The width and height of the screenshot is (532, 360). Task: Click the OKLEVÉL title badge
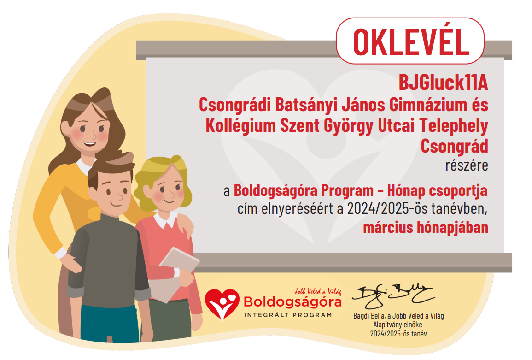(410, 41)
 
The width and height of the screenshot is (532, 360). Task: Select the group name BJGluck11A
(443, 83)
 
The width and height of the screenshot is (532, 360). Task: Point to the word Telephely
(454, 126)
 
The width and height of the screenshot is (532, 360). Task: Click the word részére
(467, 165)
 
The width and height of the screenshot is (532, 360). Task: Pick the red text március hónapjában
(426, 227)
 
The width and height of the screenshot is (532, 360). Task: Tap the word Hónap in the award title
(406, 191)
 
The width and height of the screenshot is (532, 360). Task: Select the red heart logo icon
(222, 303)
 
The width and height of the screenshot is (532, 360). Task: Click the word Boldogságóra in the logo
(292, 301)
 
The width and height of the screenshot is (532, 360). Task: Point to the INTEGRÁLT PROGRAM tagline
(288, 315)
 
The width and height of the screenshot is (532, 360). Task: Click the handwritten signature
(393, 295)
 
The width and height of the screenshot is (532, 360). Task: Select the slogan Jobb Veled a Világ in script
(318, 291)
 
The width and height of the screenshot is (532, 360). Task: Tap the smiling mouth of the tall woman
(89, 143)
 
